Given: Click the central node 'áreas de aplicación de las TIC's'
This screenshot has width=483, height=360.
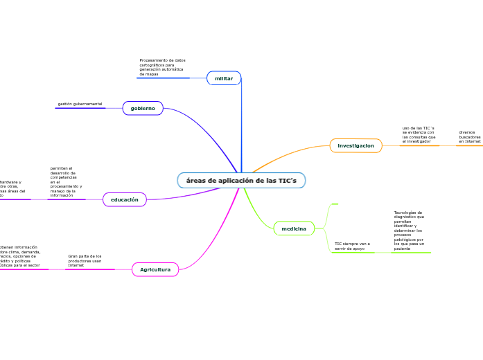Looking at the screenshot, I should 241,181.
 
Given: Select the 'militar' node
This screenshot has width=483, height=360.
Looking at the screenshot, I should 224,78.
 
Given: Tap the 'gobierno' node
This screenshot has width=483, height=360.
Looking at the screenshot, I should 143,108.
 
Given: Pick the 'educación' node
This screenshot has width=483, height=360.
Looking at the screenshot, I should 125,199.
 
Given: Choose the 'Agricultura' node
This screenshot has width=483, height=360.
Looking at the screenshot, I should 155,269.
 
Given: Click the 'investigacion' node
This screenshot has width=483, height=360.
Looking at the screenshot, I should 355,145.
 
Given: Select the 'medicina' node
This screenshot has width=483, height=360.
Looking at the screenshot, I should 294,228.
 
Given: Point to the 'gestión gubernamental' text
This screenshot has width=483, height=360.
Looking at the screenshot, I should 80,104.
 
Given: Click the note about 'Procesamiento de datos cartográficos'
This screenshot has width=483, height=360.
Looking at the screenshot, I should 162,67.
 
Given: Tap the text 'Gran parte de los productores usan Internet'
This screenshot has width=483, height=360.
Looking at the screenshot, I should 85,260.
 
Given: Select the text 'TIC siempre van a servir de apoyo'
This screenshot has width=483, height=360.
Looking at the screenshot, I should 352,246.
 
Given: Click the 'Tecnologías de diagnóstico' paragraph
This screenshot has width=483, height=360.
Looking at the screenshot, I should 409,230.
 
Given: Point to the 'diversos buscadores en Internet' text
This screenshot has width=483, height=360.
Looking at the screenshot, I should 469,136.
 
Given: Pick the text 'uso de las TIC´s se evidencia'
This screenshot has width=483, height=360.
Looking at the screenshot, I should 419,134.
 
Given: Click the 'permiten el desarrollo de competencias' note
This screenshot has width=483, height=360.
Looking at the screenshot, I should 66,181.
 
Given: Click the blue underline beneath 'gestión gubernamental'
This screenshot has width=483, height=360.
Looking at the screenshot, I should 80,108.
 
